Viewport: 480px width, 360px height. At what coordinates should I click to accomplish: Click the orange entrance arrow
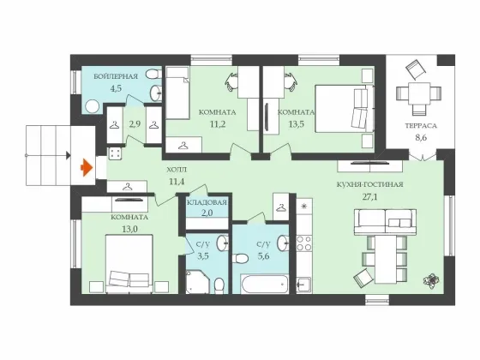[x=87, y=168]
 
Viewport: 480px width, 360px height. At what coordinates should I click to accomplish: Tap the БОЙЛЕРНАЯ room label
[x=116, y=76]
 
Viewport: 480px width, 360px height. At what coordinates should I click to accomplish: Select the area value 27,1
[x=369, y=197]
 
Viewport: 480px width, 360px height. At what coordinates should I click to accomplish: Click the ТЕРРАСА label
[x=421, y=125]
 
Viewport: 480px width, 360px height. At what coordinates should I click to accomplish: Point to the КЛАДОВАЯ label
[x=207, y=202]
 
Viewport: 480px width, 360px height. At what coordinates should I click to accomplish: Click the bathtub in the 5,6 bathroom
[x=265, y=284]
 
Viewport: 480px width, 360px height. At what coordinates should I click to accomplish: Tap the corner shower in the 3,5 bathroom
[x=198, y=282]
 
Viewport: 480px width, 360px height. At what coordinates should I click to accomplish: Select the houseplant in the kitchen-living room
[x=431, y=280]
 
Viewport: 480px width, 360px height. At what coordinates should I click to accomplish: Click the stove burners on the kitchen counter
[x=304, y=243]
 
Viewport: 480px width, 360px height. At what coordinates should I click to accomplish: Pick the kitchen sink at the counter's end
[x=304, y=285]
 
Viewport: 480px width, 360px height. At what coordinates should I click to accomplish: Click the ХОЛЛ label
[x=177, y=170]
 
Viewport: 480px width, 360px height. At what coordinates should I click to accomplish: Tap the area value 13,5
[x=297, y=124]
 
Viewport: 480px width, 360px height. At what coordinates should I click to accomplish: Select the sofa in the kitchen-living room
[x=385, y=222]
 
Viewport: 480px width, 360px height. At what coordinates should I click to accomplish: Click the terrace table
[x=419, y=93]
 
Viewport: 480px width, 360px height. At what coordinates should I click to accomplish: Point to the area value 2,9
[x=135, y=124]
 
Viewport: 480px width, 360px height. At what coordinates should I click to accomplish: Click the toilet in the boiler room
[x=153, y=75]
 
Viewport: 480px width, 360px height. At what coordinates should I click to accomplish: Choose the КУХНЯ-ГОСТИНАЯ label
[x=369, y=184]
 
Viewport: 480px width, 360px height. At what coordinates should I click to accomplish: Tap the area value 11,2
[x=218, y=124]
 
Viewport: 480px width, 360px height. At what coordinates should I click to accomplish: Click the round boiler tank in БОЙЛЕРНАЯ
[x=93, y=107]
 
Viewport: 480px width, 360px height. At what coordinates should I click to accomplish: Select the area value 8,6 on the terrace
[x=421, y=138]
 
